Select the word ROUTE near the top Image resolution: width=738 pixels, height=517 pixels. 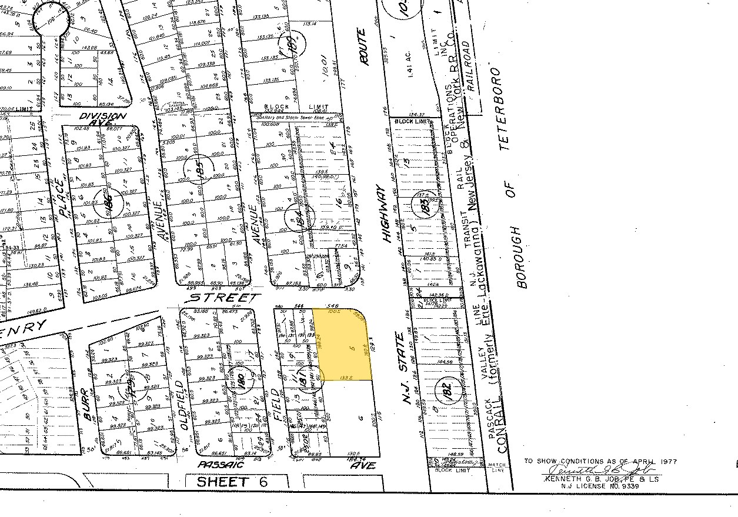(364, 48)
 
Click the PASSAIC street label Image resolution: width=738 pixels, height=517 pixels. (220, 464)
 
